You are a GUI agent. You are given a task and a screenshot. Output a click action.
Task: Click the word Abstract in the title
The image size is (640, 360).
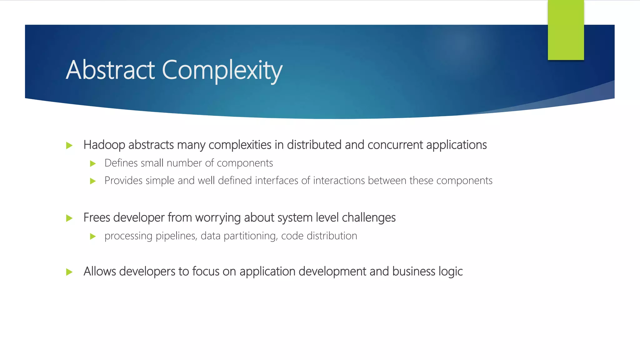(x=110, y=70)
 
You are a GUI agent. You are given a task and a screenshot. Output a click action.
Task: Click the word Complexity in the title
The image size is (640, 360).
(x=222, y=71)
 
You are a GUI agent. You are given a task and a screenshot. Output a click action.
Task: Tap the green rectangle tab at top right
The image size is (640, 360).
(x=566, y=30)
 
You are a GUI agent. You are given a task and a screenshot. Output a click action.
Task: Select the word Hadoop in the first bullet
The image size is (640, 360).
(x=104, y=145)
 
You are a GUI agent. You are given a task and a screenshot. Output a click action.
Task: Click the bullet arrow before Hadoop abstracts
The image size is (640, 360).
(x=69, y=146)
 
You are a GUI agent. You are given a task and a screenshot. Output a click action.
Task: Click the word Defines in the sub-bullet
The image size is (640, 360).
(x=121, y=163)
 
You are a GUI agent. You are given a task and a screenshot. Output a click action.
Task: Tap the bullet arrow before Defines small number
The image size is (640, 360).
(x=93, y=163)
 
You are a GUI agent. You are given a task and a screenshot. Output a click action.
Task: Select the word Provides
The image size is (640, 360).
(x=123, y=181)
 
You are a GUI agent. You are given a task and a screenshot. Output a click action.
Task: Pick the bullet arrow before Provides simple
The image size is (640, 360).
(x=93, y=181)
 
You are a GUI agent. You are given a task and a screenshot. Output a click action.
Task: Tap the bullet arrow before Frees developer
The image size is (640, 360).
(x=69, y=218)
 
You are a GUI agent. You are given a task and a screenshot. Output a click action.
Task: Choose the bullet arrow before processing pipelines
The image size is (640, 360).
(x=93, y=237)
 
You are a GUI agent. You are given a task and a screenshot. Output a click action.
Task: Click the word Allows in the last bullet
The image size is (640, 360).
(x=100, y=271)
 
